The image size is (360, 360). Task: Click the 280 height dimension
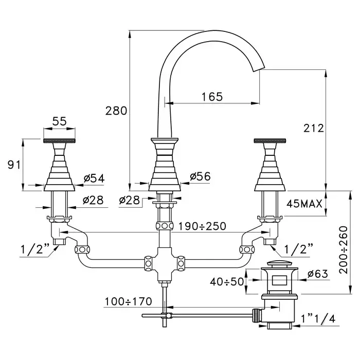pyautogui.click(x=116, y=111)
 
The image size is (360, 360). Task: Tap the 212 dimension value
pyautogui.click(x=314, y=129)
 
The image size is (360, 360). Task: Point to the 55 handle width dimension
pyautogui.click(x=60, y=121)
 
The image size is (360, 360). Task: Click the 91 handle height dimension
pyautogui.click(x=13, y=165)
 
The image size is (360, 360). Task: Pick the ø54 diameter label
pyautogui.click(x=94, y=178)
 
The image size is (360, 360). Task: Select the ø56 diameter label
pyautogui.click(x=200, y=176)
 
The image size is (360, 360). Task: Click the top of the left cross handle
pyautogui.click(x=60, y=140)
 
